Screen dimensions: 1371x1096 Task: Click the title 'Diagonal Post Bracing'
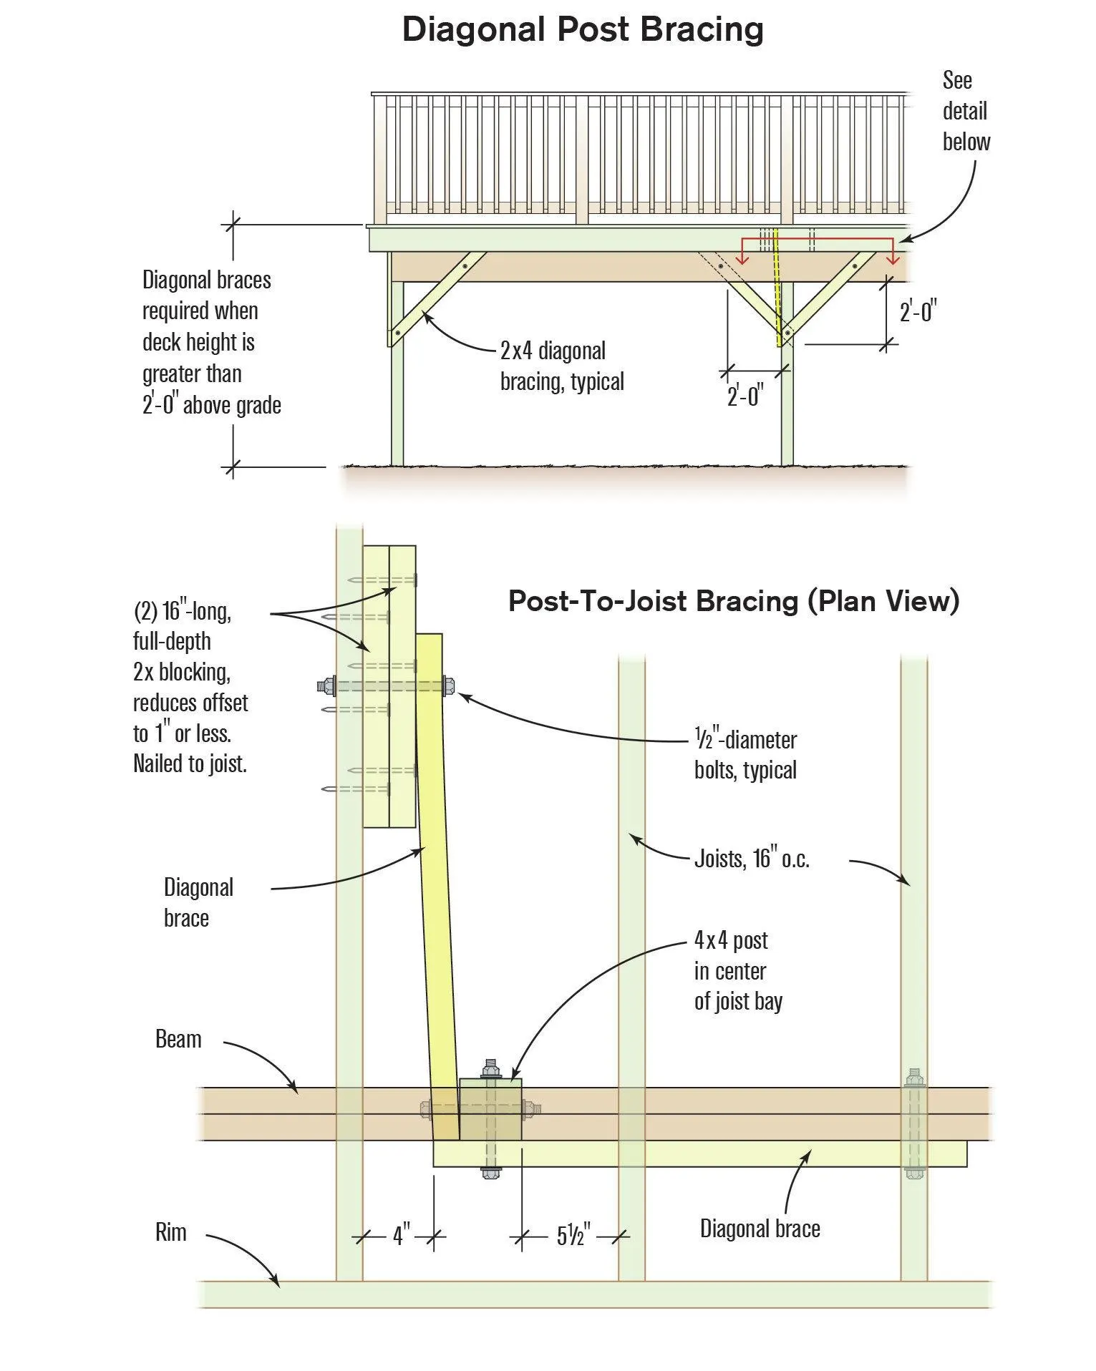click(583, 30)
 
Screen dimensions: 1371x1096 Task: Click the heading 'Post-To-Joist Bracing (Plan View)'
click(733, 601)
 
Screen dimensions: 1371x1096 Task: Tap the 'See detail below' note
click(965, 111)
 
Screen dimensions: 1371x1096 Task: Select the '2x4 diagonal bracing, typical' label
click(562, 366)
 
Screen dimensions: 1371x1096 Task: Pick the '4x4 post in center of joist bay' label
click(737, 970)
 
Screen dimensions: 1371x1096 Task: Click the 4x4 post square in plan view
click(490, 1108)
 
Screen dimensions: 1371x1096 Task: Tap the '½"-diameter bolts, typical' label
click(745, 755)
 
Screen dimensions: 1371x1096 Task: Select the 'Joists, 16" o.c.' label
click(752, 858)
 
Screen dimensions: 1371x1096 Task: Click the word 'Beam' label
click(178, 1039)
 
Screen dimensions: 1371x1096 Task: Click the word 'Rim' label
click(170, 1232)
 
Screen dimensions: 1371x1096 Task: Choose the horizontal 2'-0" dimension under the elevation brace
click(745, 395)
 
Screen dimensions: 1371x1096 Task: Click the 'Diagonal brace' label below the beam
click(760, 1229)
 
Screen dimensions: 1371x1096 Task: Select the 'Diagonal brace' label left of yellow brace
click(198, 902)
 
